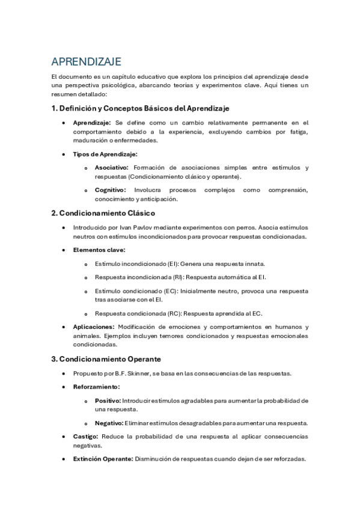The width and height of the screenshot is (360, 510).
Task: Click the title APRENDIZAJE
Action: (x=87, y=62)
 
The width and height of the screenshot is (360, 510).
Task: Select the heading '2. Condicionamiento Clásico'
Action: (x=103, y=213)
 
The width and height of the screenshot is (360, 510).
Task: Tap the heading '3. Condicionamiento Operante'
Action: (x=106, y=359)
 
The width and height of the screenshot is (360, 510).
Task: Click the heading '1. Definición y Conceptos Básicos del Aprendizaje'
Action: (x=140, y=108)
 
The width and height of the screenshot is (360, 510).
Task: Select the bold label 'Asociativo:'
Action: (x=111, y=168)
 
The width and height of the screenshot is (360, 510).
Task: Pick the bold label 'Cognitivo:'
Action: (x=111, y=190)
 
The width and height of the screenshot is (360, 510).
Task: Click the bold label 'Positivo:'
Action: (x=108, y=401)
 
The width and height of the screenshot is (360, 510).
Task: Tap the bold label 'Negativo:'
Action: (x=109, y=423)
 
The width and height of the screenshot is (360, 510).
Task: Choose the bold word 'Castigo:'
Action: (x=86, y=436)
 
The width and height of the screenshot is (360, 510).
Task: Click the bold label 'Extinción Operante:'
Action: (x=102, y=458)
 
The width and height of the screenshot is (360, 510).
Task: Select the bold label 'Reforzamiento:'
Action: (x=96, y=387)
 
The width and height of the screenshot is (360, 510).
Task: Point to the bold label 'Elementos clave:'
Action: (x=99, y=250)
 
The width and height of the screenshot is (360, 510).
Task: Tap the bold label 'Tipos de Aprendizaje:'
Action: (x=105, y=155)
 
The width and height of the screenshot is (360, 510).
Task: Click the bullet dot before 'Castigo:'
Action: (x=64, y=437)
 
